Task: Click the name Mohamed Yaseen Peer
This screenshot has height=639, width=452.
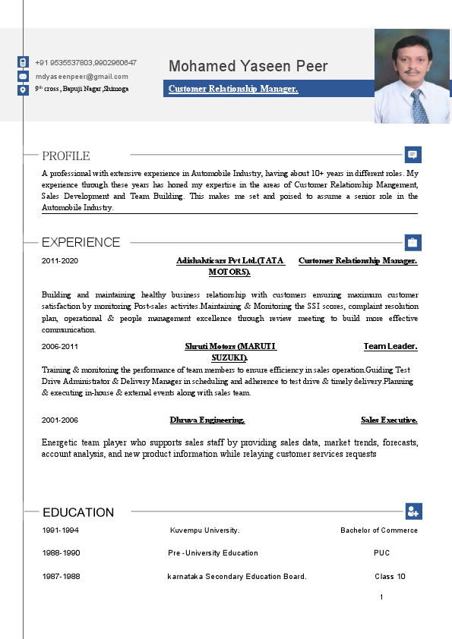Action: [x=248, y=66]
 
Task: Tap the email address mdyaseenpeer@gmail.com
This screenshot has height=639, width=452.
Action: [x=81, y=77]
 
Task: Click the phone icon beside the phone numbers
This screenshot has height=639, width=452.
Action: [x=23, y=62]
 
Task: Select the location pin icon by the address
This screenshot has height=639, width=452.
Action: [x=23, y=90]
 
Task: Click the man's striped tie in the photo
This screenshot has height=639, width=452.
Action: [x=419, y=106]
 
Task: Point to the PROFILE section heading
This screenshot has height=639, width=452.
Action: [x=66, y=156]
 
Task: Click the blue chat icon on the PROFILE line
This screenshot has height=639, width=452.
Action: [x=412, y=155]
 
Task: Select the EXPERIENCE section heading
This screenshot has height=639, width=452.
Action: [x=81, y=242]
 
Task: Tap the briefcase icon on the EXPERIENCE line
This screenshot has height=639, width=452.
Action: [x=412, y=243]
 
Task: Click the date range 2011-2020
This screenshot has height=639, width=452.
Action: [x=60, y=261]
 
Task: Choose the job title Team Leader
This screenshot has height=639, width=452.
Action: [x=390, y=347]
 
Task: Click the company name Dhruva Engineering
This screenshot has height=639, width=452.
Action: [x=207, y=420]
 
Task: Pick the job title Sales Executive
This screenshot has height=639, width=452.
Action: [x=389, y=420]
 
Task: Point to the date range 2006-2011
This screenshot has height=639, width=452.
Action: [x=60, y=347]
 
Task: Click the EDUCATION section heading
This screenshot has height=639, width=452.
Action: [x=78, y=512]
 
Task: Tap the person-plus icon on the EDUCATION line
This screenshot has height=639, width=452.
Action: [x=412, y=512]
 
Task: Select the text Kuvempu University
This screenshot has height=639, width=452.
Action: [x=205, y=530]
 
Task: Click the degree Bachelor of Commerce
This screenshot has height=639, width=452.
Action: [x=378, y=530]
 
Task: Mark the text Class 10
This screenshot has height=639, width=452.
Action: [x=390, y=576]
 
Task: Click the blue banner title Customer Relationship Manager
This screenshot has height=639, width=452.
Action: [x=233, y=90]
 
